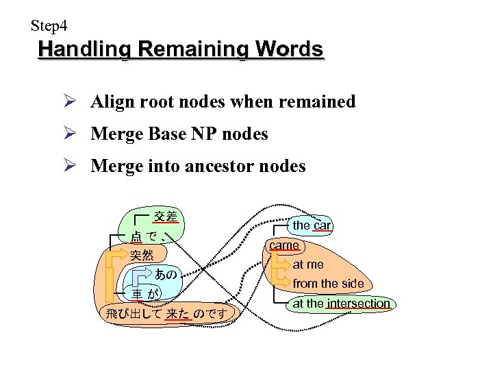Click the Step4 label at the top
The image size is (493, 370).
click(49, 27)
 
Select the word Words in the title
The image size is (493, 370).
click(289, 50)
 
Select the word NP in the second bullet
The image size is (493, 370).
click(197, 134)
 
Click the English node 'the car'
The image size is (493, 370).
click(312, 225)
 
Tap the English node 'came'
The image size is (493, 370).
click(284, 245)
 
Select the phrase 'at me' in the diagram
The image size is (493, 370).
click(308, 264)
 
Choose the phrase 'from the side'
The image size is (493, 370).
click(329, 283)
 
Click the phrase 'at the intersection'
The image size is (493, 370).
click(342, 303)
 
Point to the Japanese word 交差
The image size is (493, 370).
click(166, 217)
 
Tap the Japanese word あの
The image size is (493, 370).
click(166, 275)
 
